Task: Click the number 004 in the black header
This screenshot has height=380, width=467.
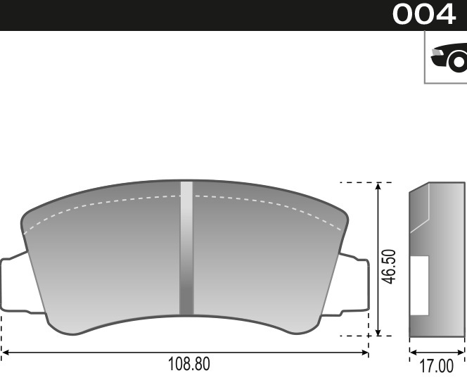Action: click(424, 15)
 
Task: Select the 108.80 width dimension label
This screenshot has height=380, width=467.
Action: click(188, 365)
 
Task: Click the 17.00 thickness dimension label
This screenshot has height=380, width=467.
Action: click(436, 367)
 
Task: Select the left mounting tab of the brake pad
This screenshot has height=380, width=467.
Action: click(13, 284)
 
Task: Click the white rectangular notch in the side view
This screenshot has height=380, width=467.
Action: click(420, 285)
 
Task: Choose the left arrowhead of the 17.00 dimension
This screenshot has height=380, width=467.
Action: click(414, 351)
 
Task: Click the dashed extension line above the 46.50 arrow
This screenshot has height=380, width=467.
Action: click(355, 182)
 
